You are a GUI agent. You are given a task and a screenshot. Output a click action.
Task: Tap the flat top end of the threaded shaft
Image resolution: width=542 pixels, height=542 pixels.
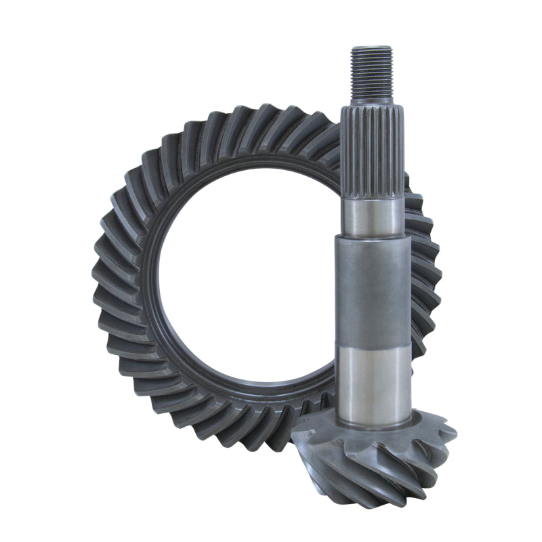(x=372, y=48)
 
